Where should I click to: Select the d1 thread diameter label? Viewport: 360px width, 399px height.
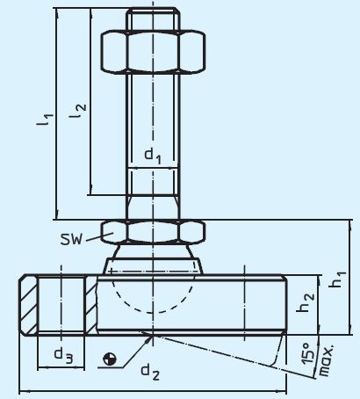(x=153, y=156)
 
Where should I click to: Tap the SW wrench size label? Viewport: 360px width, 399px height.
(x=74, y=239)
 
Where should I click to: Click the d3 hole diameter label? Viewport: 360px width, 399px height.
(x=61, y=355)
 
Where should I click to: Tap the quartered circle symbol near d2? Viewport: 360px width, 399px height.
(x=109, y=359)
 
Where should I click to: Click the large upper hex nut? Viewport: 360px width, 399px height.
(x=153, y=54)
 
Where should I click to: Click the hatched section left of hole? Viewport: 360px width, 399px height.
(x=28, y=305)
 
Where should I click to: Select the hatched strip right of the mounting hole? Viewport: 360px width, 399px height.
(x=91, y=304)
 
